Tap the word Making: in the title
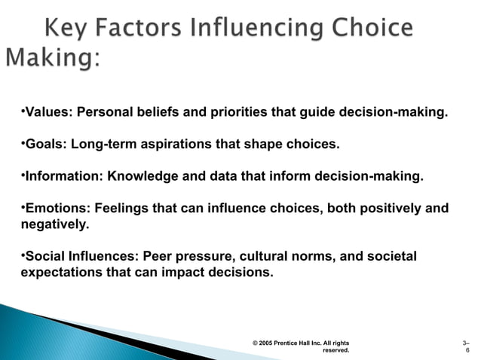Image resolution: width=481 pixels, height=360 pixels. [x=53, y=57]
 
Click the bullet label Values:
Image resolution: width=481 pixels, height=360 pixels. [x=48, y=113]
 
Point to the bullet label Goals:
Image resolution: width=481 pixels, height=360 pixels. [x=45, y=144]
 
